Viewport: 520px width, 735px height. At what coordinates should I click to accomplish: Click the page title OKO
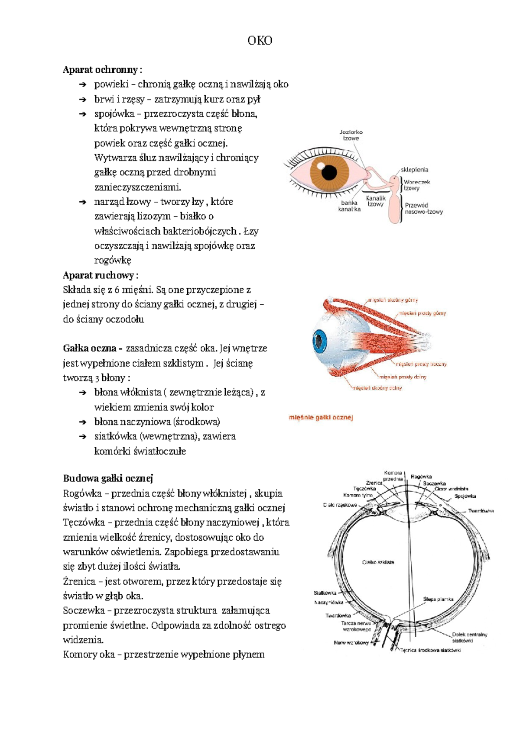(x=260, y=41)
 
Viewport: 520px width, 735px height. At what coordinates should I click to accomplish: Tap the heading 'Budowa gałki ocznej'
(x=108, y=478)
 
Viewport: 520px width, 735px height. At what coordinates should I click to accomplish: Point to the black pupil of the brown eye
(x=329, y=172)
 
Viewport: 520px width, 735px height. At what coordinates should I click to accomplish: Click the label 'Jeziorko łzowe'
(x=351, y=135)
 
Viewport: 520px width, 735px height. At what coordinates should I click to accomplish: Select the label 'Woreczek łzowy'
(x=416, y=185)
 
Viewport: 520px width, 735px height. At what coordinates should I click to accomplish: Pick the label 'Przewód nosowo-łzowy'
(x=423, y=209)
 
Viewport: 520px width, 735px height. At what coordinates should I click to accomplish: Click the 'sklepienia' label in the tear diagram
(x=414, y=170)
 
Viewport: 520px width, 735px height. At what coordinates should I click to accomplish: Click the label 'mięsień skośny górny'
(x=393, y=300)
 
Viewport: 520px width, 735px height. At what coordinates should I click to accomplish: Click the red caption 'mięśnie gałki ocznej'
(x=321, y=418)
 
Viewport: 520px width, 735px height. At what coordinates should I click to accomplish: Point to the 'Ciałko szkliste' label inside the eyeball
(x=378, y=562)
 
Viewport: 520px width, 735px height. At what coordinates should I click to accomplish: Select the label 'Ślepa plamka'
(x=438, y=600)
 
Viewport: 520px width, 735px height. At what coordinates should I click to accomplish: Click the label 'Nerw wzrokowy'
(x=351, y=643)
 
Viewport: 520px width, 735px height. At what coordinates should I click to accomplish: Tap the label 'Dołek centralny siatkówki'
(x=469, y=638)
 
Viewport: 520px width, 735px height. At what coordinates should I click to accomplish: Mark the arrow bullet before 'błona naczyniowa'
(x=83, y=422)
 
